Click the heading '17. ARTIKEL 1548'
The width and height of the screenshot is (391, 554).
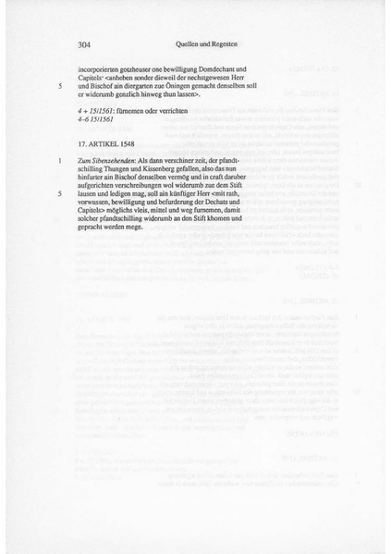pyautogui.click(x=110, y=143)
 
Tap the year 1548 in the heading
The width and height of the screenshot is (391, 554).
pyautogui.click(x=132, y=143)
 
